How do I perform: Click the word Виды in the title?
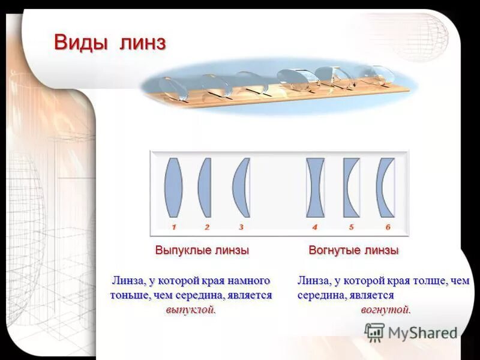click(x=82, y=43)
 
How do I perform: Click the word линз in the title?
click(x=143, y=43)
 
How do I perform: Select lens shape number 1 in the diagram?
click(x=173, y=187)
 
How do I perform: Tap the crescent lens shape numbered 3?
click(x=242, y=187)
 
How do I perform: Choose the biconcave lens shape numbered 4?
click(x=315, y=187)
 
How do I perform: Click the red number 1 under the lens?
click(x=173, y=227)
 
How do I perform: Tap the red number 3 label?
click(x=241, y=227)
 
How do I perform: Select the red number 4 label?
click(x=314, y=227)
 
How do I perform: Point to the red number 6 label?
click(x=388, y=227)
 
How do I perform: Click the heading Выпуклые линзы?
click(x=202, y=250)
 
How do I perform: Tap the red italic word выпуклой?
click(x=190, y=310)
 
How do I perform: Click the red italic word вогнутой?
click(x=386, y=310)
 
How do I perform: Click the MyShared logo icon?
click(x=374, y=332)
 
